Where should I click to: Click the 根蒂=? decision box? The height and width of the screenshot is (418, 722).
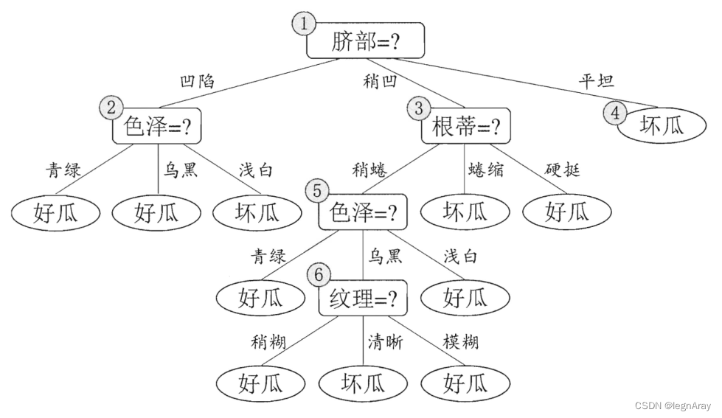click(465, 128)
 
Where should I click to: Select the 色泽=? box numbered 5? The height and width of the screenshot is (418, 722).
click(362, 212)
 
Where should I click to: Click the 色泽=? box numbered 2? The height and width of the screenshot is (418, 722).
click(157, 128)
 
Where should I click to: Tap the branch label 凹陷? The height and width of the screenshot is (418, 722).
click(198, 80)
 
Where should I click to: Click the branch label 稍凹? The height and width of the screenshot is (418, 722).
click(379, 80)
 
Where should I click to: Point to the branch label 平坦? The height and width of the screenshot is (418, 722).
click(596, 80)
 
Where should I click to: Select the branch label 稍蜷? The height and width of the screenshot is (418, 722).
click(370, 170)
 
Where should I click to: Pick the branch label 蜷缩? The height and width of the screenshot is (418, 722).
click(486, 170)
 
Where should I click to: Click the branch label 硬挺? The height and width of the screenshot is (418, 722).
click(562, 170)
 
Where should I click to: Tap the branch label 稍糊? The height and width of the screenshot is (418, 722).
click(268, 341)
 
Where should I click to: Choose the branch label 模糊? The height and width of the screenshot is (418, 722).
click(460, 341)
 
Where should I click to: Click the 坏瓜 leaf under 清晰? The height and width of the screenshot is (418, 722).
click(363, 383)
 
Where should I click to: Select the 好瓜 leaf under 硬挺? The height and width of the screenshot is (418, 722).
click(567, 212)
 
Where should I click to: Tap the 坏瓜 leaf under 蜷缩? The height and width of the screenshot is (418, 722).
click(465, 212)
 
